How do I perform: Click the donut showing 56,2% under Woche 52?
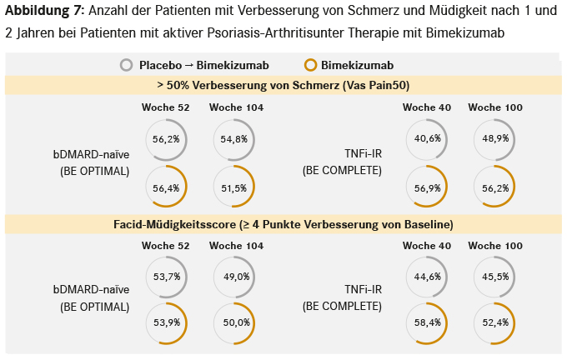point(166,139)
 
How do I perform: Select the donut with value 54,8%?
point(234,139)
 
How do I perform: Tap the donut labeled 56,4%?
point(166,188)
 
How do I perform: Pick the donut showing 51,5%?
point(234,188)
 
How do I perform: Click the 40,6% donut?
point(426,139)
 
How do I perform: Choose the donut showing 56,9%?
point(426,188)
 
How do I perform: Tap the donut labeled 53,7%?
point(166,277)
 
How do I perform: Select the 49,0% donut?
point(234,277)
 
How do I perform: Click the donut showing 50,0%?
point(234,322)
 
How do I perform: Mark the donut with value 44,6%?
point(426,277)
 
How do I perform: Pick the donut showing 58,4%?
point(426,322)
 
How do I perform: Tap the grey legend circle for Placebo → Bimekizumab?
point(127,65)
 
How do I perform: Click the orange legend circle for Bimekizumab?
point(311,65)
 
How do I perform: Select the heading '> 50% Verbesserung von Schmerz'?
point(283,85)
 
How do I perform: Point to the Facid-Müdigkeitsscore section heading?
point(283,224)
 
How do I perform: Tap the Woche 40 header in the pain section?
point(425,107)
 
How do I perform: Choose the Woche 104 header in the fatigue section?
point(236,246)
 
